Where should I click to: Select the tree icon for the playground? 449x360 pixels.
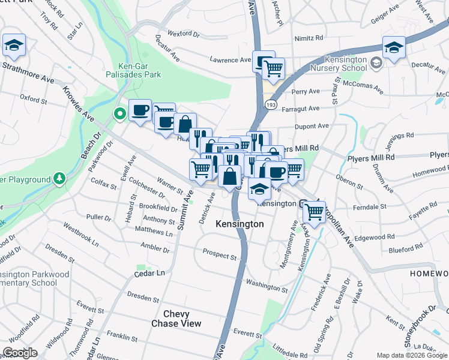click(x=59, y=179)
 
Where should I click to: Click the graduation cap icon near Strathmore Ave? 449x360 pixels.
click(x=13, y=45)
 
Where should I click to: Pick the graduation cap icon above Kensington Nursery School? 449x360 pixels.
click(x=394, y=47)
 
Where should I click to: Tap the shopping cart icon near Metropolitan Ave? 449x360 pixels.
click(x=315, y=211)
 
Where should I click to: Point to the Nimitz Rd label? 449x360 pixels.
click(x=309, y=38)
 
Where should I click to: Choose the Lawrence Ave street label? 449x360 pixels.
click(x=230, y=60)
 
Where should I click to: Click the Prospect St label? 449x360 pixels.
click(x=220, y=256)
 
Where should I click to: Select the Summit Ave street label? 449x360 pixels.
click(x=189, y=205)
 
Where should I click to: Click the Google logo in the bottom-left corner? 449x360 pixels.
click(x=20, y=353)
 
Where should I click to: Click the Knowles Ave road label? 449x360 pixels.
click(x=79, y=103)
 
